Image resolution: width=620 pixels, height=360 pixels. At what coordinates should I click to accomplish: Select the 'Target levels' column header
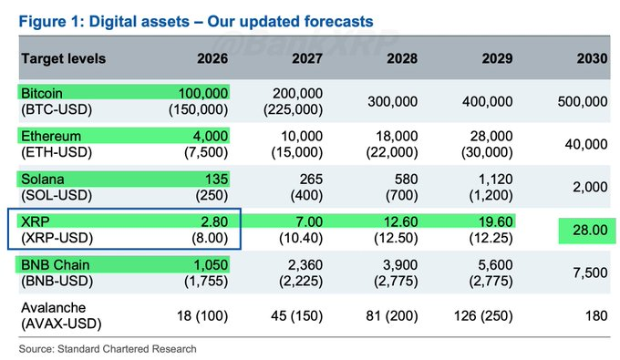tap(63, 58)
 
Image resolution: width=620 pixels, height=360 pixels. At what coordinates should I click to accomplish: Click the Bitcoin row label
tap(43, 94)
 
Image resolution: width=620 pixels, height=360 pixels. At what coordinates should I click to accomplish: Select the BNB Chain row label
tap(53, 264)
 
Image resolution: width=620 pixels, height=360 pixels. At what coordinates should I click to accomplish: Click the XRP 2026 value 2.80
tap(212, 222)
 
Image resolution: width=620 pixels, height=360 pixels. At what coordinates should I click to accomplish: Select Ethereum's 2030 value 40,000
tap(585, 145)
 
